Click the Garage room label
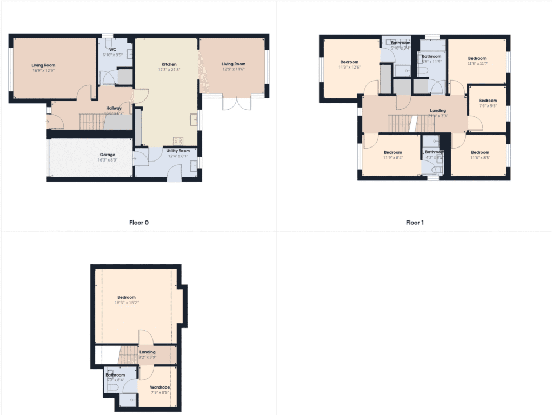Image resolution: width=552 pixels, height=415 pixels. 107,155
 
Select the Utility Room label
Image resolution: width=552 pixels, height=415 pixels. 178,151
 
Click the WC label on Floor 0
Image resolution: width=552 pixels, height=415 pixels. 113,49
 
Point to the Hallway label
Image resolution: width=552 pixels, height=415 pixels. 114,108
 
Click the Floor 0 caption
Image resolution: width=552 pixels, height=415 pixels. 138,222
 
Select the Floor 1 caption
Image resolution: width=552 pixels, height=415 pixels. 415,222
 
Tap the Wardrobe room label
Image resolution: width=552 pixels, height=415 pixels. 160,387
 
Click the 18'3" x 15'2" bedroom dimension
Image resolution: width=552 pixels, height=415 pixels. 127,303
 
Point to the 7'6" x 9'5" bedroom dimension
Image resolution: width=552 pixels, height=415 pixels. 488,106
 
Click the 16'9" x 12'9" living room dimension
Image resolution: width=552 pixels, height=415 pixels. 43,70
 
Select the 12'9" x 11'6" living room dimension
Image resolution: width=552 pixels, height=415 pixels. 234,70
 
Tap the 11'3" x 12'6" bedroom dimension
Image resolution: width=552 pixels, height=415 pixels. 349,68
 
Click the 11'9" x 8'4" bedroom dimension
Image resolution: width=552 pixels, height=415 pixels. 393,158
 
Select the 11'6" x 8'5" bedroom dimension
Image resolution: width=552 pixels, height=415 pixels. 480,158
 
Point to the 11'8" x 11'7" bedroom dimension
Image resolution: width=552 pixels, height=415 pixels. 477,64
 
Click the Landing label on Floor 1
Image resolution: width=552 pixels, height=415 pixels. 438,111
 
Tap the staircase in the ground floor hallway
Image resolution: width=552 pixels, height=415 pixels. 91,121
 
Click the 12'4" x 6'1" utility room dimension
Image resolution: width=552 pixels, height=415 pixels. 178,157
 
